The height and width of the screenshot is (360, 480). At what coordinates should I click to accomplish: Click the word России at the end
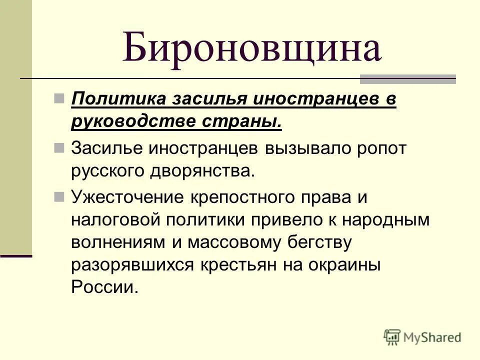click(103, 288)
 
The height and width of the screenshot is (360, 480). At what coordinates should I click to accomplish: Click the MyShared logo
click(422, 337)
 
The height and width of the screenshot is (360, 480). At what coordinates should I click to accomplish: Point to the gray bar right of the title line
click(408, 78)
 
